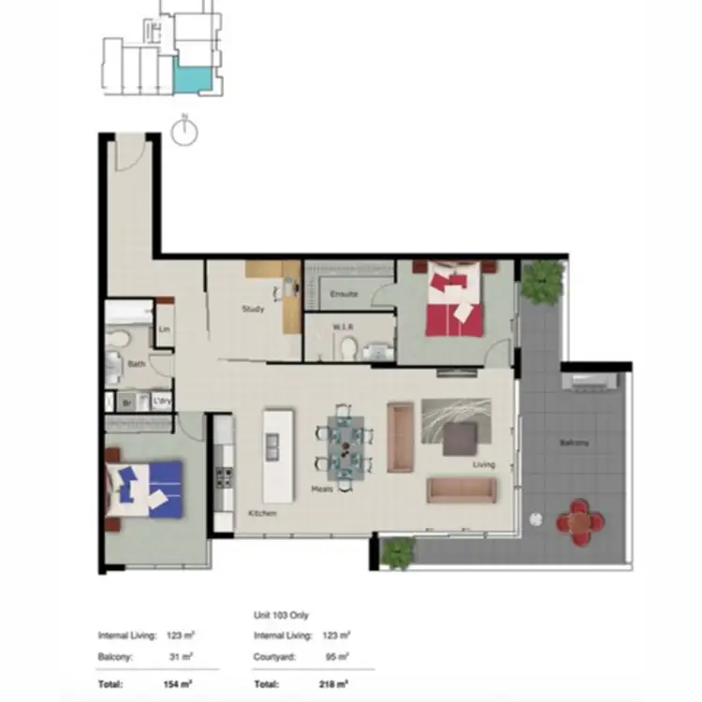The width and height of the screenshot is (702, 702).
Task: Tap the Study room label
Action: (253, 309)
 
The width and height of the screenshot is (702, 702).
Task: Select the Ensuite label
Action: (344, 294)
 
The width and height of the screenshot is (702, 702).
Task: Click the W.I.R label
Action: (342, 327)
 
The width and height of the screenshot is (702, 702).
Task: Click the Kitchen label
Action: (262, 514)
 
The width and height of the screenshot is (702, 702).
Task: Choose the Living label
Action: (483, 463)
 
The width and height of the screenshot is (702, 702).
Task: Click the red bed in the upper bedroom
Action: (455, 301)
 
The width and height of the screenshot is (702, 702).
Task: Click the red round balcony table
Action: (578, 519)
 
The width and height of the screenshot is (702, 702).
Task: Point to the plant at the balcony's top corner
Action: (543, 280)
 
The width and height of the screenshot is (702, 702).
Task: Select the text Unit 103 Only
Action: (282, 615)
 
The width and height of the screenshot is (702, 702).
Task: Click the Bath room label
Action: (137, 364)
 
